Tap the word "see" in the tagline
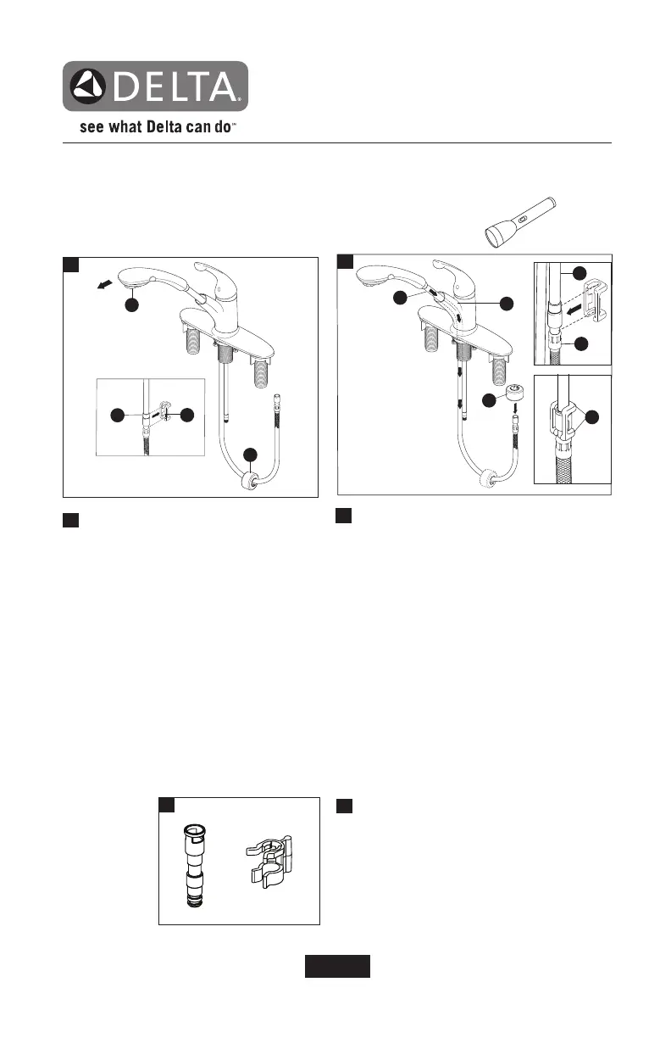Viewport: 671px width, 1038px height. [x=92, y=131]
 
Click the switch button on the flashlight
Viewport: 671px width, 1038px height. [x=523, y=219]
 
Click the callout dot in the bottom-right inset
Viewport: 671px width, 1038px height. [x=592, y=417]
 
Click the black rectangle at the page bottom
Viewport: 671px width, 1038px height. [x=337, y=966]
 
